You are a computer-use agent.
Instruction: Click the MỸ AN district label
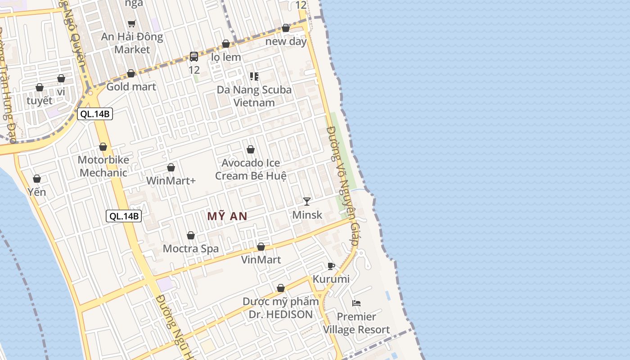tap(227, 216)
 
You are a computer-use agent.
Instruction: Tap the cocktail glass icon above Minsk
tap(307, 202)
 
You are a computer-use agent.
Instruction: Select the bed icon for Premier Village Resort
tap(356, 303)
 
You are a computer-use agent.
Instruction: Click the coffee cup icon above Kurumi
tap(331, 266)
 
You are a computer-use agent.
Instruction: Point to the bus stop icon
tap(194, 57)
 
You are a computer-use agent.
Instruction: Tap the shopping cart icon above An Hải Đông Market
tap(131, 23)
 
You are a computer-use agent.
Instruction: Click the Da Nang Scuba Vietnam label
tap(254, 96)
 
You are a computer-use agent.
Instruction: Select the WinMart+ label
tap(171, 181)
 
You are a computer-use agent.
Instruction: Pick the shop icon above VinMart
tap(261, 247)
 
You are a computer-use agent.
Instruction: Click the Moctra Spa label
tap(191, 249)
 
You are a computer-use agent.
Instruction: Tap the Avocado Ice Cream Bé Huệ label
tap(251, 169)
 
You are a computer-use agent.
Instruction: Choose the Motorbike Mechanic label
tap(103, 166)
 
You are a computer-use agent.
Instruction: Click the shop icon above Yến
tap(37, 179)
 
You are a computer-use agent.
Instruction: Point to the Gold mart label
tap(131, 87)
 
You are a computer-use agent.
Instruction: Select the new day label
tap(286, 41)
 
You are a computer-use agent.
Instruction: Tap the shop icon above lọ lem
tap(226, 44)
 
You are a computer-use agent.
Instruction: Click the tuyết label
tap(40, 101)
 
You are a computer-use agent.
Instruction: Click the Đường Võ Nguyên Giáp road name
tap(343, 184)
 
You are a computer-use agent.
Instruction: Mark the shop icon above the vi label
tap(61, 79)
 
